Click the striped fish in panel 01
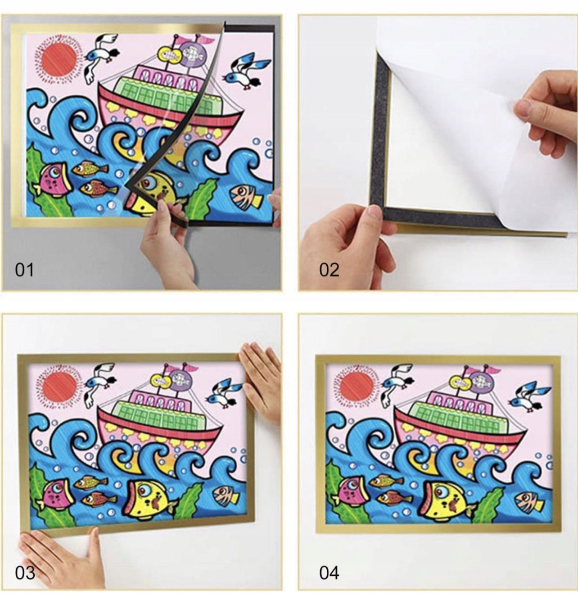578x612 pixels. (247, 197)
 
